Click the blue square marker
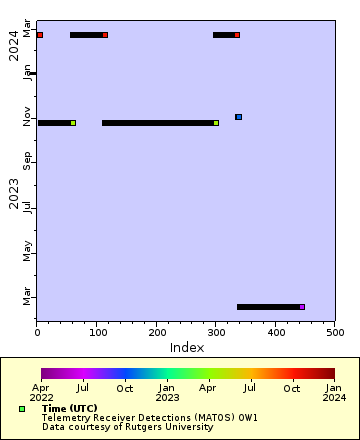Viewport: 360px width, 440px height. [238, 117]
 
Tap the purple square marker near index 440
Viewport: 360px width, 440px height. [302, 307]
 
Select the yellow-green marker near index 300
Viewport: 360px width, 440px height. [216, 123]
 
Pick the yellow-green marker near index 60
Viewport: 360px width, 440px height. [73, 123]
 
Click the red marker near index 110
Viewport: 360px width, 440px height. [105, 35]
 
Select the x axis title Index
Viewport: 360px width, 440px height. [186, 347]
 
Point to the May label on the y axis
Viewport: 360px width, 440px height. [28, 250]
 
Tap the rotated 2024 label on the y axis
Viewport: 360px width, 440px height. [14, 45]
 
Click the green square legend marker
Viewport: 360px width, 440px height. [22, 409]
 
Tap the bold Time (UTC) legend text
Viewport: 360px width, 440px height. [70, 409]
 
